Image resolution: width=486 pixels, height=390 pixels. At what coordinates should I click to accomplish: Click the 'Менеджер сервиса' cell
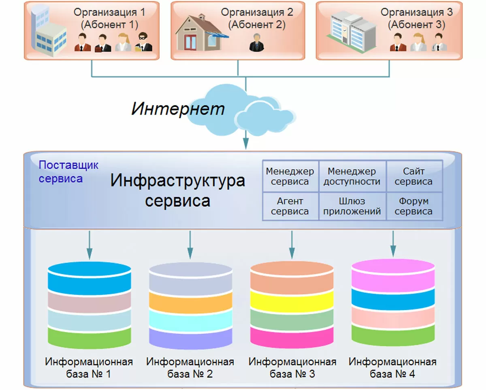click(290, 176)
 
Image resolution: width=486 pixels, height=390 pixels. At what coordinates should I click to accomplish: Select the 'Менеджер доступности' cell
click(352, 176)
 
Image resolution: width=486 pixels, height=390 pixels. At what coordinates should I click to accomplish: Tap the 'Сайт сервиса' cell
click(414, 176)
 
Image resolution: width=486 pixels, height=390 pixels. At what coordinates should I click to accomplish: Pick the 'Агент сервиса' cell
click(290, 206)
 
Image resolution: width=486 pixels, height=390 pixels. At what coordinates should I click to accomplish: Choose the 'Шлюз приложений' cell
click(352, 206)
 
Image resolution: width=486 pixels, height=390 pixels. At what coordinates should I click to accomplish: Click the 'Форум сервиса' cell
click(414, 206)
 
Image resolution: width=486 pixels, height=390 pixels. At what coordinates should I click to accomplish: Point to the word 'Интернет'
click(178, 109)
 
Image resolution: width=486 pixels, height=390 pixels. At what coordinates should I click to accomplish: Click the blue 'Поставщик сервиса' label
click(68, 172)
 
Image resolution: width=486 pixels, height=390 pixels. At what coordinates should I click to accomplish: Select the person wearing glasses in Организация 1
click(144, 42)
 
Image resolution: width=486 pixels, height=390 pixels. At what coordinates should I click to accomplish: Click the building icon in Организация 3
click(352, 30)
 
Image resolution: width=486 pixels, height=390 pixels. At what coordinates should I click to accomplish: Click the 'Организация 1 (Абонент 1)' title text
click(109, 18)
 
